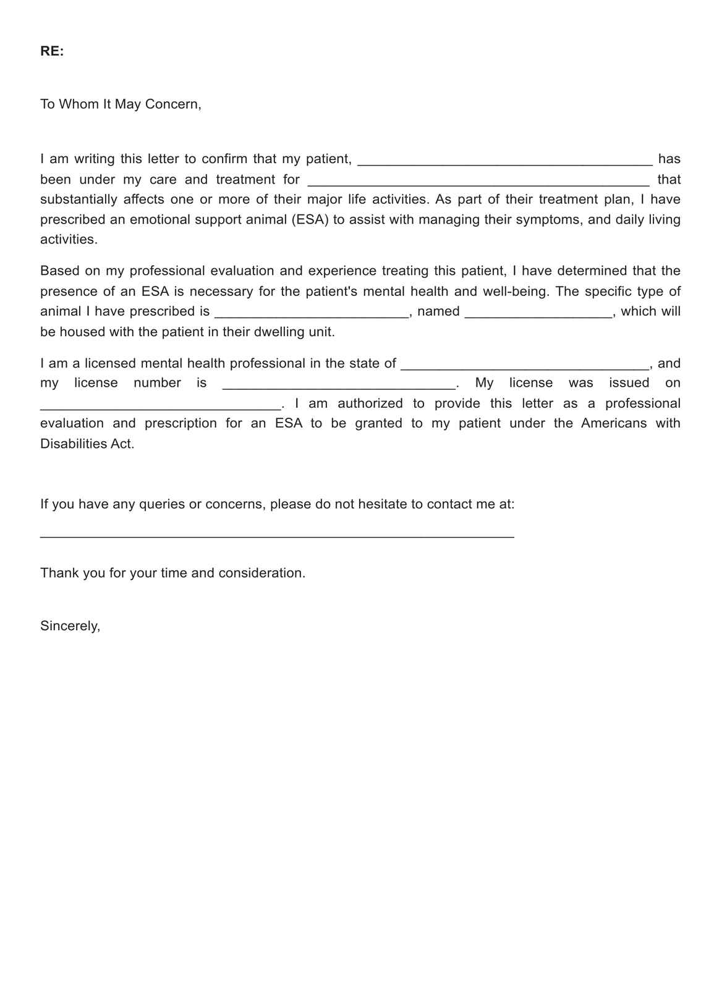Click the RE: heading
(x=52, y=51)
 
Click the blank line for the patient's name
(x=505, y=162)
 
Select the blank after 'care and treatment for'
(x=478, y=182)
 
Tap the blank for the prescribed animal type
(x=312, y=314)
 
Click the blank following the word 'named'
(x=538, y=314)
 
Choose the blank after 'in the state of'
(x=525, y=366)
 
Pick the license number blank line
(x=338, y=386)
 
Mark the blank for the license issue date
(x=160, y=406)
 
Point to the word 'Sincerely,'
(x=70, y=626)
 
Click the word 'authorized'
(x=370, y=403)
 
